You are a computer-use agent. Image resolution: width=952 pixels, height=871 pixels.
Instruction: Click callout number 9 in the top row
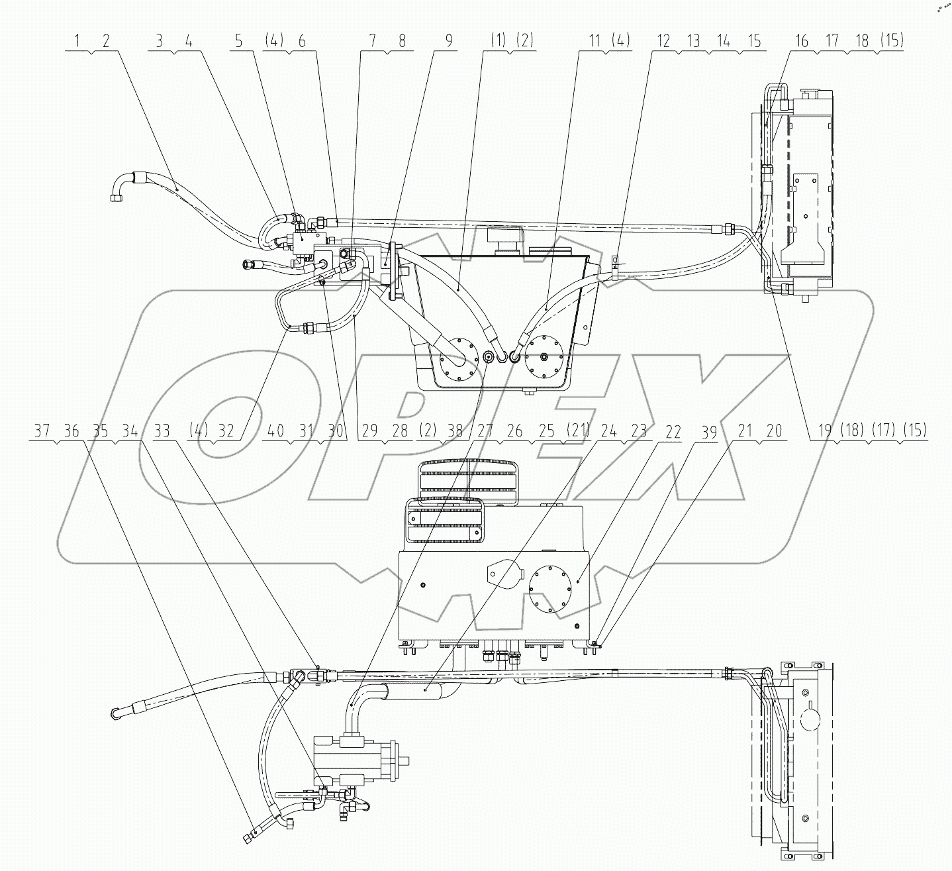[448, 40]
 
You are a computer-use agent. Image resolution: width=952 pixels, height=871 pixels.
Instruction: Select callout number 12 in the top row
[663, 40]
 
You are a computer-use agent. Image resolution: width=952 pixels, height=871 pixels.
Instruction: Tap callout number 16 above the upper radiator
[801, 40]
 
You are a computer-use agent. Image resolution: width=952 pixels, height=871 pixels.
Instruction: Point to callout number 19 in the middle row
[824, 431]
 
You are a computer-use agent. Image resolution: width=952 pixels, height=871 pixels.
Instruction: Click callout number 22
[673, 431]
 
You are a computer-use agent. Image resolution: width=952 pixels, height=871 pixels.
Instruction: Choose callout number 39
[709, 431]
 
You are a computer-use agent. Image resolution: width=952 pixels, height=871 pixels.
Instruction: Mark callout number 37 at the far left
[42, 431]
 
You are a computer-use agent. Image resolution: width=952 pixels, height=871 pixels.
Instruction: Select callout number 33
[161, 431]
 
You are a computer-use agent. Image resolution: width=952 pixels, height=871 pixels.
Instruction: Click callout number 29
[369, 431]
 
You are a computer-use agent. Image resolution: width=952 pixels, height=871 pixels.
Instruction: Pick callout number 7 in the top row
[372, 40]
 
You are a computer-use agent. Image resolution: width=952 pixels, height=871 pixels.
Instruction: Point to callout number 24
[608, 431]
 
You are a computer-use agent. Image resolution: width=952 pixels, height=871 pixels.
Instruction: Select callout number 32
[226, 431]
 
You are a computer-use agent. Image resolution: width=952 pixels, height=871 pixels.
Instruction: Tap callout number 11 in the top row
[594, 40]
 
